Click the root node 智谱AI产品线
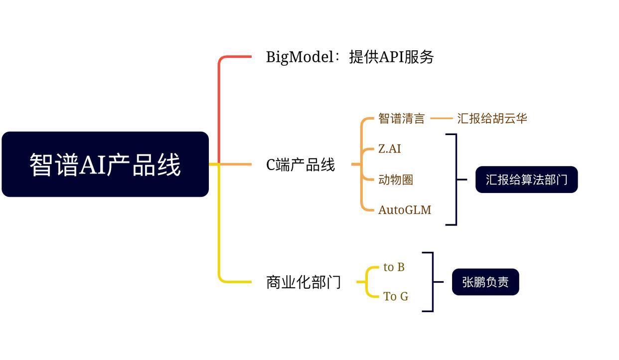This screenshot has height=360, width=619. click(x=105, y=164)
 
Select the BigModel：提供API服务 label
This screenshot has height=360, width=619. click(x=350, y=57)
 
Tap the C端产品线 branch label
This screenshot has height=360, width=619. click(x=301, y=165)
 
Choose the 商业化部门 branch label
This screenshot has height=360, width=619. click(x=304, y=282)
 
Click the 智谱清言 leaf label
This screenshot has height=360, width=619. click(x=402, y=119)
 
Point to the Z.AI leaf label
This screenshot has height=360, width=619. click(x=390, y=149)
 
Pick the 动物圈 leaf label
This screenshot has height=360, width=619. click(x=396, y=180)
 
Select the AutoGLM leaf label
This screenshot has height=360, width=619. click(x=405, y=210)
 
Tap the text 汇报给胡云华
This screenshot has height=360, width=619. click(x=492, y=119)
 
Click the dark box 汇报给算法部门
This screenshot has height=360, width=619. click(x=526, y=180)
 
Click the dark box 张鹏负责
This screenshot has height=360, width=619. click(x=485, y=282)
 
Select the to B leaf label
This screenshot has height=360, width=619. click(x=394, y=267)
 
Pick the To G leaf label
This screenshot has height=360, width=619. click(x=396, y=297)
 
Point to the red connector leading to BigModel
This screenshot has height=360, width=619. click(x=219, y=100)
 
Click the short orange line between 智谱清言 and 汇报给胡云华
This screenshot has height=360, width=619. click(x=441, y=119)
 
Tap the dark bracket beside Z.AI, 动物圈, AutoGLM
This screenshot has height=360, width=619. click(x=456, y=180)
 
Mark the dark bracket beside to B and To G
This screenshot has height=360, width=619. click(x=432, y=282)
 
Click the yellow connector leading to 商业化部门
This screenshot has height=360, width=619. click(x=219, y=234)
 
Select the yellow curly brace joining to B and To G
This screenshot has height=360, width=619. click(x=367, y=282)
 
